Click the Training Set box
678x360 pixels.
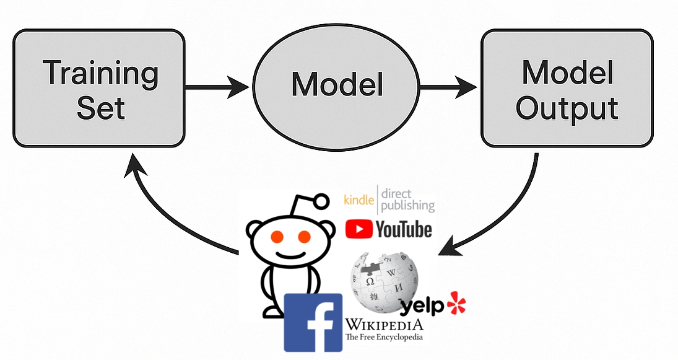point(99,89)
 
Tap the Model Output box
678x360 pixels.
point(567,89)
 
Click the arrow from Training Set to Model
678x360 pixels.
point(217,86)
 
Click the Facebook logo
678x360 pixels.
point(313,322)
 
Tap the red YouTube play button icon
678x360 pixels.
point(359,229)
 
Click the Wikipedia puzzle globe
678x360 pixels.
point(384,282)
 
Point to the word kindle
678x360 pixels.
point(359,200)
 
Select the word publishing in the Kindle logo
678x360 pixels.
point(407,205)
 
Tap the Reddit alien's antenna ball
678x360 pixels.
point(321,200)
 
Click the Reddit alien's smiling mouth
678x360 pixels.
point(290,255)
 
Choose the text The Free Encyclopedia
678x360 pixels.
point(384,337)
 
